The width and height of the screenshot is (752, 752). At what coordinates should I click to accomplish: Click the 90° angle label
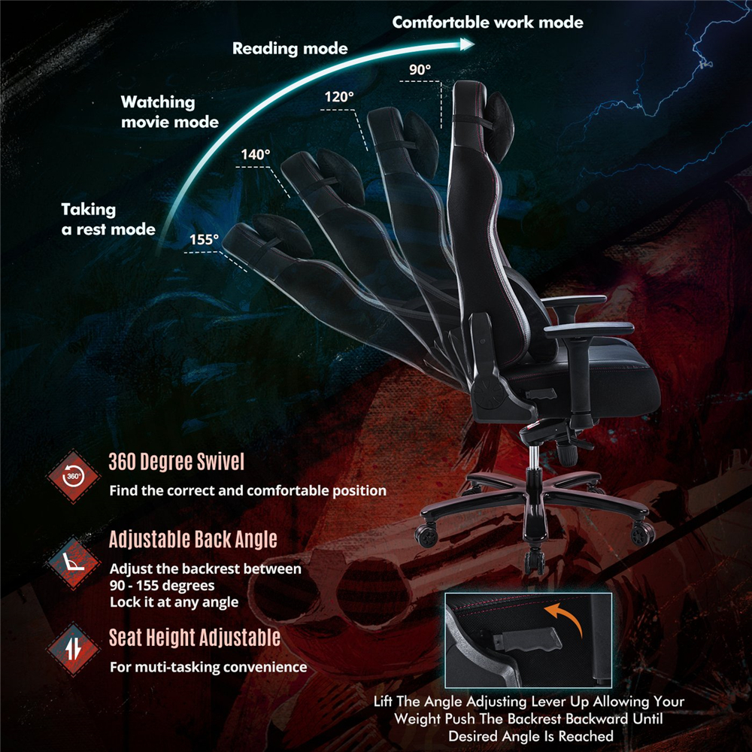click(x=420, y=69)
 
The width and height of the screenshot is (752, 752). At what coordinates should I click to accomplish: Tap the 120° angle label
click(x=339, y=97)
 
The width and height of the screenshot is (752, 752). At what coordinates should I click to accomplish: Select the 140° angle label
click(x=256, y=154)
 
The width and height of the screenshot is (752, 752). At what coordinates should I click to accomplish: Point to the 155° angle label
click(x=204, y=239)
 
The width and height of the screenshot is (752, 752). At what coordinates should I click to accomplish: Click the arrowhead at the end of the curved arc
click(x=467, y=44)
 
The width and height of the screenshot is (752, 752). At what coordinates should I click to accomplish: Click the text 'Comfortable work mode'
click(x=488, y=23)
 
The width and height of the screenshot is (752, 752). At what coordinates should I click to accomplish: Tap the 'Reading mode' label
click(x=290, y=48)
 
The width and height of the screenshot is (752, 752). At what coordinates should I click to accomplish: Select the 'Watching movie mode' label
click(x=170, y=112)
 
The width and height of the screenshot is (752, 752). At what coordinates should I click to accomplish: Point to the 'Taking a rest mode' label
click(x=108, y=219)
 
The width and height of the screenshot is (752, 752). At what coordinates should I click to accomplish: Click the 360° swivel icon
click(x=73, y=476)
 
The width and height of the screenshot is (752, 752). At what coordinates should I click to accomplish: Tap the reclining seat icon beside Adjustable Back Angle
click(x=74, y=562)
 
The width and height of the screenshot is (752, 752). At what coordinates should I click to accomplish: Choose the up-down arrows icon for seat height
click(x=74, y=650)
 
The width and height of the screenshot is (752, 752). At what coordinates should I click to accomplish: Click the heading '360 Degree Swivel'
click(x=177, y=462)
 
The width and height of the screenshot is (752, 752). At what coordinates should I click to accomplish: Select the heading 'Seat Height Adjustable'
click(x=195, y=638)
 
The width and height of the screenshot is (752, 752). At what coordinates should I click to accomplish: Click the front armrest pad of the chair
click(x=590, y=330)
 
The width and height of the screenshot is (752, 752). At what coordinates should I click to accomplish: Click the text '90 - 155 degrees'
click(x=162, y=586)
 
